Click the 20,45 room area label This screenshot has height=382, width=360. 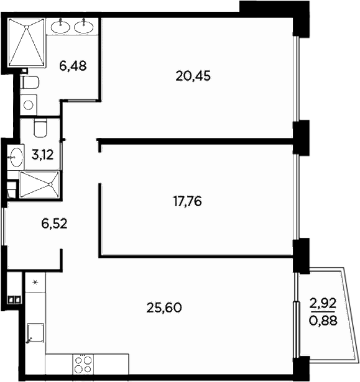[194, 76]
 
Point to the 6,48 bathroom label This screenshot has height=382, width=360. [72, 65]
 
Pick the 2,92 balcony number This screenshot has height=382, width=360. [323, 304]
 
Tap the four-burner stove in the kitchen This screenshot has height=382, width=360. [82, 363]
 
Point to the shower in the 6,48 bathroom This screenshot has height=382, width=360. [27, 42]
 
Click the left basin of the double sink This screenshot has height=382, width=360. [62, 26]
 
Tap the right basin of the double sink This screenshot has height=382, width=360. [84, 26]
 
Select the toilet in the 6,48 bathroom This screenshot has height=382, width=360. [29, 81]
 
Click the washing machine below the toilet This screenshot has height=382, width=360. [28, 105]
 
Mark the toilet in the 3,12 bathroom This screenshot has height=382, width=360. [41, 129]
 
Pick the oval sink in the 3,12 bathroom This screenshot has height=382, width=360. [16, 157]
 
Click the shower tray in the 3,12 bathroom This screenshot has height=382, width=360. [39, 184]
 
